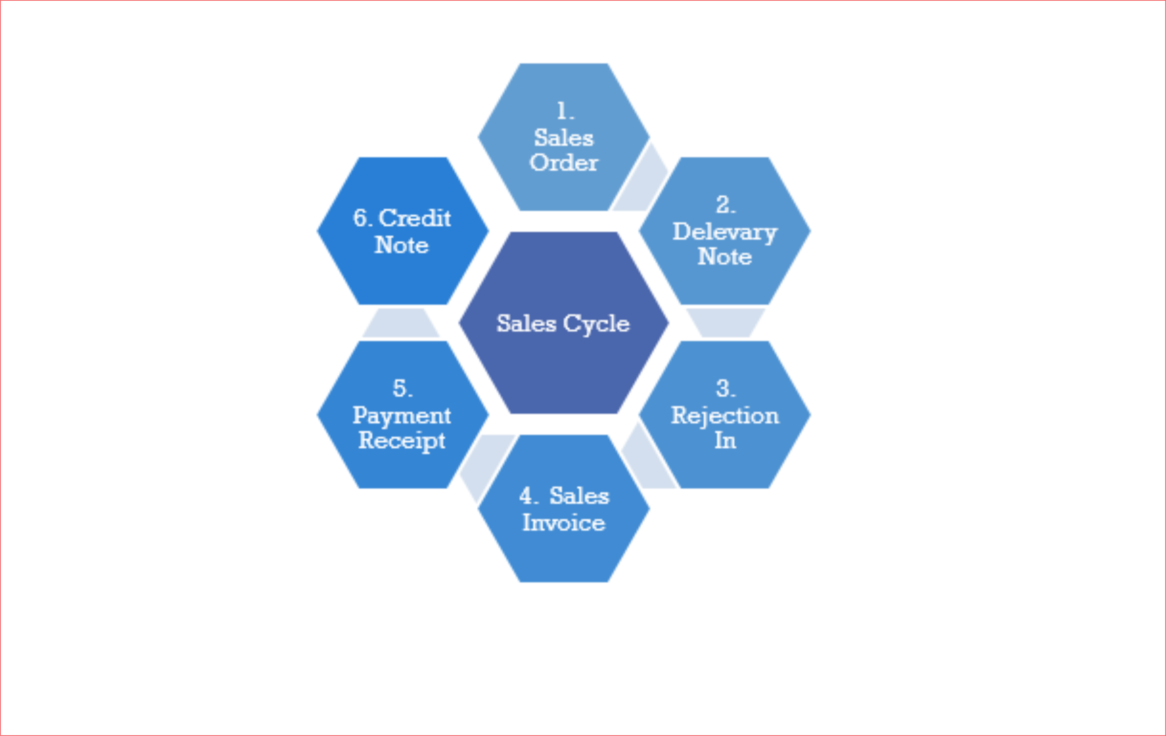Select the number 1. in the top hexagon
[565, 111]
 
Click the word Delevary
[725, 232]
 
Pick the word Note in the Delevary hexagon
[725, 257]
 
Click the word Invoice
[564, 523]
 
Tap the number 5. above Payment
[402, 388]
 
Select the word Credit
[415, 218]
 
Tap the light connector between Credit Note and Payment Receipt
[401, 323]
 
